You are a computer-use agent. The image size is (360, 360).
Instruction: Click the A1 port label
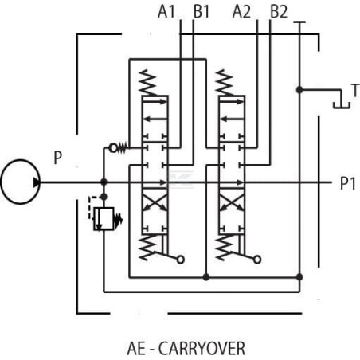(x=166, y=12)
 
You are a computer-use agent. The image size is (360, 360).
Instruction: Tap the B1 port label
(x=202, y=12)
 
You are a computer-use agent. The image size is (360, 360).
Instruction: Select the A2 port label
(x=241, y=12)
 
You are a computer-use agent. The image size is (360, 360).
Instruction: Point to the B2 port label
(x=279, y=12)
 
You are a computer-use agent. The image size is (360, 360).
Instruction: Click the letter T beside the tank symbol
(x=355, y=90)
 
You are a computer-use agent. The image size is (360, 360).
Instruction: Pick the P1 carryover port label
(x=348, y=183)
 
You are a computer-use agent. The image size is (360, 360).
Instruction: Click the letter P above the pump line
(x=58, y=158)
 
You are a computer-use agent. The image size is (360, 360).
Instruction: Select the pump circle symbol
(x=21, y=182)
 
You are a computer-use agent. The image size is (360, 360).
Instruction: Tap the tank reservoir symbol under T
(x=342, y=105)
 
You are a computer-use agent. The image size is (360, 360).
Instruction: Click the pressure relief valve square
(x=104, y=218)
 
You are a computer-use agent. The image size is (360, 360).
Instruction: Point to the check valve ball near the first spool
(x=113, y=148)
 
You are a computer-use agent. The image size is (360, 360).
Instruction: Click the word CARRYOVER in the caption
(x=202, y=348)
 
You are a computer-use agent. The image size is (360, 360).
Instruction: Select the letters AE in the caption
(x=136, y=348)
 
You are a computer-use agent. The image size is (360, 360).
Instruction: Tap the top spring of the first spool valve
(x=148, y=83)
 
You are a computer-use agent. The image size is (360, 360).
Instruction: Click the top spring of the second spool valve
(x=225, y=83)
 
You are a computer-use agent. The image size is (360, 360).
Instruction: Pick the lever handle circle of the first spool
(x=181, y=260)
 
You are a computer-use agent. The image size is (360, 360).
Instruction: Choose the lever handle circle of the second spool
(x=257, y=260)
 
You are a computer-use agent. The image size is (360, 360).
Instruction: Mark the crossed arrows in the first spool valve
(x=155, y=202)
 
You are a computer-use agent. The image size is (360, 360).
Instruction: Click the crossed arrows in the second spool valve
(x=232, y=202)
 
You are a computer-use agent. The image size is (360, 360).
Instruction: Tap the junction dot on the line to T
(x=299, y=90)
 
